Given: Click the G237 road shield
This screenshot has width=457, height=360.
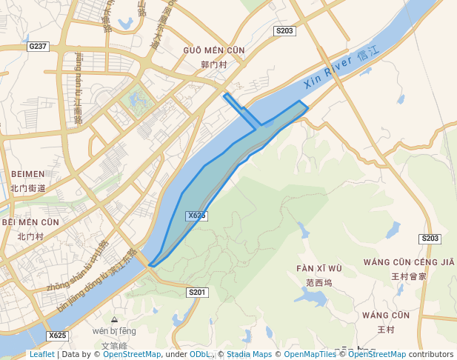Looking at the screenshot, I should click(38, 46).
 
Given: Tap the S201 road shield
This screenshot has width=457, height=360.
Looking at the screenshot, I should click(196, 293).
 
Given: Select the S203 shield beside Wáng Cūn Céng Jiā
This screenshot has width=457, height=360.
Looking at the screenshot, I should click(430, 239).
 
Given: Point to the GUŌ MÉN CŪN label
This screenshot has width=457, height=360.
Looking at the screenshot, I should click(213, 50).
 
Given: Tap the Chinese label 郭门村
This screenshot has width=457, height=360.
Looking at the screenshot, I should click(213, 64).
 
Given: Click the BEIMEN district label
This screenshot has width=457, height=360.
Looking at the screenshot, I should click(27, 174).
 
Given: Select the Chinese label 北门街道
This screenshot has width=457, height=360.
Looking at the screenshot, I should click(27, 188).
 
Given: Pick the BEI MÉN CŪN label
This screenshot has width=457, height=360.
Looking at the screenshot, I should click(30, 222).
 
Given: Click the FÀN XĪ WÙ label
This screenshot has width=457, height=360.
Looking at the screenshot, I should click(318, 268).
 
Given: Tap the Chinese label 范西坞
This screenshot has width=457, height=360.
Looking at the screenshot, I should click(318, 282).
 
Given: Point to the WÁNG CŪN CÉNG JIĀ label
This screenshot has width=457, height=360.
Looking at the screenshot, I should click(409, 262).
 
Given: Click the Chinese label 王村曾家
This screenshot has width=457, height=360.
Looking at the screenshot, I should click(409, 276).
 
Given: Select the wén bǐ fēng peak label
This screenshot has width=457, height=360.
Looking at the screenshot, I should click(114, 330).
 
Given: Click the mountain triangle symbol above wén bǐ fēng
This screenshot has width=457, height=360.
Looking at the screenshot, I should click(114, 319).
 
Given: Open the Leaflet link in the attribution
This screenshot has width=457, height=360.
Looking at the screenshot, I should click(41, 355).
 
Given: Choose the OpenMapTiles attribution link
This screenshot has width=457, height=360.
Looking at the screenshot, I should click(310, 355).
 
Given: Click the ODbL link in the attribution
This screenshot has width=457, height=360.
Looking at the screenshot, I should click(200, 355).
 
